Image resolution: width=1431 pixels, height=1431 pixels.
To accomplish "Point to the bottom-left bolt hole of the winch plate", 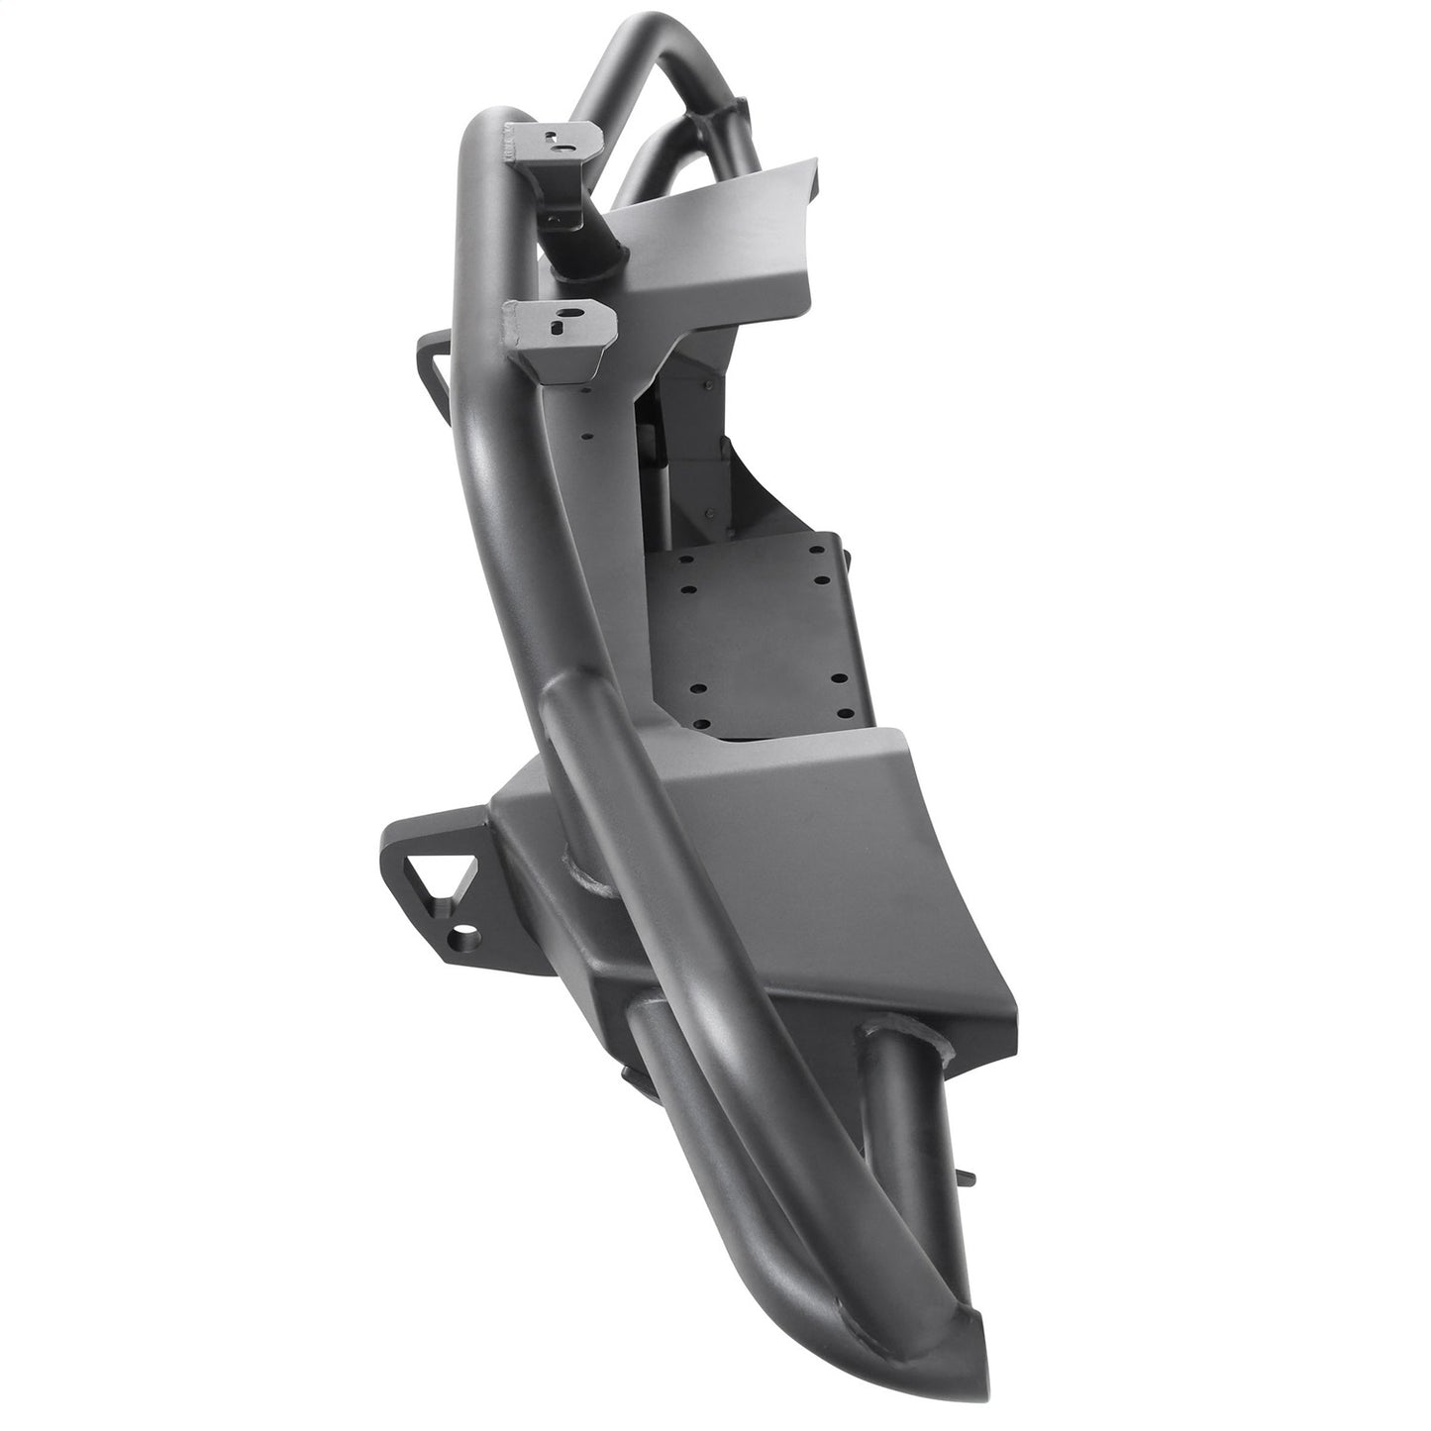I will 699,687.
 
